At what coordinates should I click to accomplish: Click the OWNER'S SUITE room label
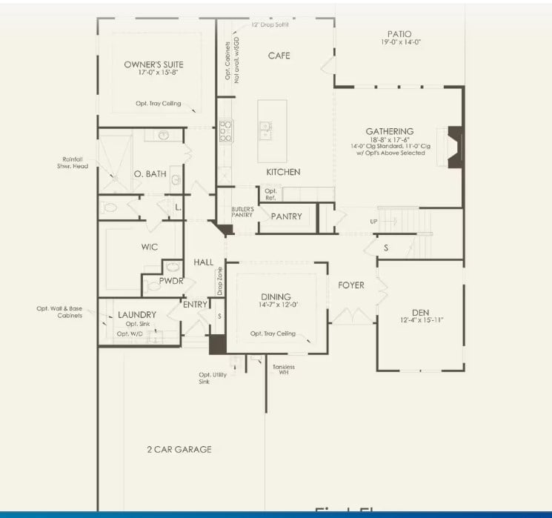tap(153, 64)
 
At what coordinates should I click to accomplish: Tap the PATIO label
tap(399, 33)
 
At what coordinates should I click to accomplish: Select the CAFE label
tap(279, 56)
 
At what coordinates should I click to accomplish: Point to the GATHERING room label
tap(389, 131)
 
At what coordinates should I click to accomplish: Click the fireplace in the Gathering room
tap(455, 147)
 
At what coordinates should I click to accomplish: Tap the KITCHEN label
tap(283, 172)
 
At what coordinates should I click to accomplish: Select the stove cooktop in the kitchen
tap(225, 131)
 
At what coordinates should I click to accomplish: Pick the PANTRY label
tap(286, 216)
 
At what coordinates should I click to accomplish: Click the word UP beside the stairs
tap(374, 222)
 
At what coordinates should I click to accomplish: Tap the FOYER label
tap(350, 285)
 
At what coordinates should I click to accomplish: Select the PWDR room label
tap(171, 281)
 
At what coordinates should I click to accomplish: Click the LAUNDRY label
tap(137, 315)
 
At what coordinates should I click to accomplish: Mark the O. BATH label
tap(150, 174)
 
